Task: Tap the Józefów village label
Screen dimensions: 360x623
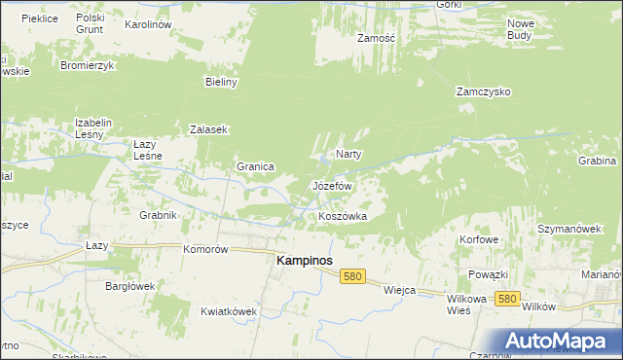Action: point(331,185)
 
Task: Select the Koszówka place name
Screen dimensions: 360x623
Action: point(343,216)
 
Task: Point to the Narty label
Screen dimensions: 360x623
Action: point(349,154)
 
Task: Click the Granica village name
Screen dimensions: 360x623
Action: point(255,166)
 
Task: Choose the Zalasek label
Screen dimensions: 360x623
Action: point(208,129)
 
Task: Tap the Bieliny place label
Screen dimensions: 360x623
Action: point(222,82)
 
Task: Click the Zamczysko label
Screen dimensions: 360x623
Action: point(484,91)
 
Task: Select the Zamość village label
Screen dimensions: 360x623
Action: point(376,38)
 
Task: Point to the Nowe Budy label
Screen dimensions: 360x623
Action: point(521,28)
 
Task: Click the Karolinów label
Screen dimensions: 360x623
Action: point(149,23)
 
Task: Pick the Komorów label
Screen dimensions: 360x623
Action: point(205,249)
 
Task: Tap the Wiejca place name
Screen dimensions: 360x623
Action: point(400,290)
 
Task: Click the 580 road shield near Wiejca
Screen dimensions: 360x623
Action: point(353,277)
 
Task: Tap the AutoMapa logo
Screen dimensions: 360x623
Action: point(558,341)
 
